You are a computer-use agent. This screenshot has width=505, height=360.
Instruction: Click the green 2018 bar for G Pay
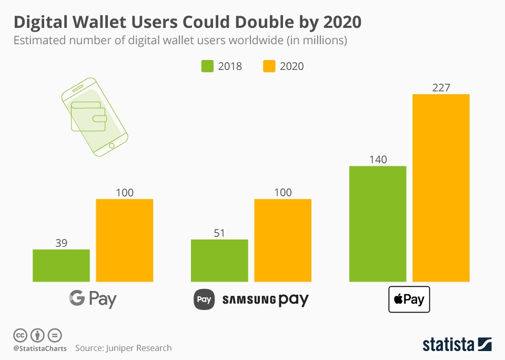61,265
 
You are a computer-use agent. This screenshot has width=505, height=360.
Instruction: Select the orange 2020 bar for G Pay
124,240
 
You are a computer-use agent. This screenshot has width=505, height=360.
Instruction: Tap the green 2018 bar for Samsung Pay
219,261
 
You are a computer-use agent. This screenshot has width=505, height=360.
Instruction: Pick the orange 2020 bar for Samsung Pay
282,240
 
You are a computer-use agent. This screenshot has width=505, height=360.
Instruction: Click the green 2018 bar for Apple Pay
378,224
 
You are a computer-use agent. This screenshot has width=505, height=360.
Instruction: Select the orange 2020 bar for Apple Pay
441,188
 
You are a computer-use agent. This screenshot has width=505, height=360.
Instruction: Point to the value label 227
441,88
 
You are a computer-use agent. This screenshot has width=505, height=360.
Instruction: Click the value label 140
378,159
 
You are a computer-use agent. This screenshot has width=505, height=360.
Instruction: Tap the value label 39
61,243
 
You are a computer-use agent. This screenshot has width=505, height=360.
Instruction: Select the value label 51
219,233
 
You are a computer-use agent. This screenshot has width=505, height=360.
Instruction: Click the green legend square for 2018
207,66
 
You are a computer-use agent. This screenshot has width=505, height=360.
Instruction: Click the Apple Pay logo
409,299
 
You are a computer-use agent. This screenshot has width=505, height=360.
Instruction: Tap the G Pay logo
93,299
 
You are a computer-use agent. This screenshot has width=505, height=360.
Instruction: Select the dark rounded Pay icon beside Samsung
204,299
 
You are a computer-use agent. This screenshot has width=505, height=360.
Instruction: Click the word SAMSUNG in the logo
249,301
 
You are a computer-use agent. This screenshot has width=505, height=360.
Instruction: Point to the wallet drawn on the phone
88,113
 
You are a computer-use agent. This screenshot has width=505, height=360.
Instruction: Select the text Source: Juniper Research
123,348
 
